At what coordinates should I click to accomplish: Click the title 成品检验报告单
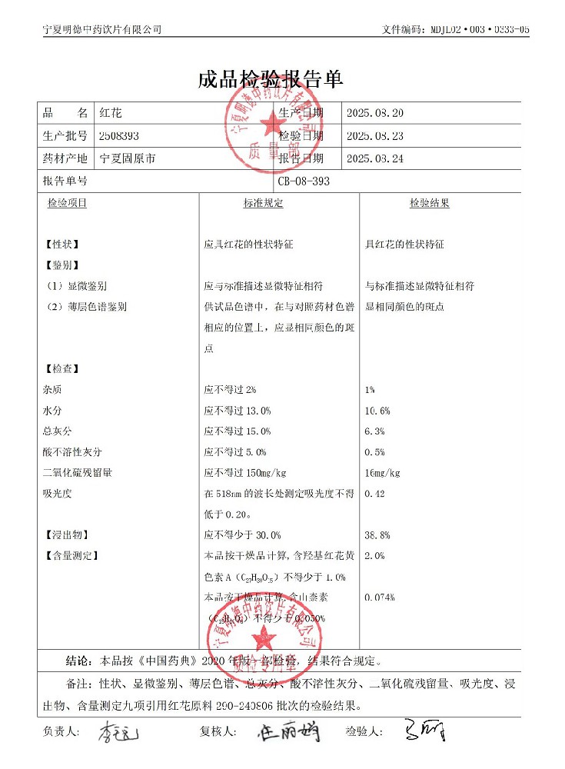(x=270, y=79)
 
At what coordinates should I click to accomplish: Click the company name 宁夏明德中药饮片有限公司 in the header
(x=101, y=29)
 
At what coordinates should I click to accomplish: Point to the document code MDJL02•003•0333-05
(x=477, y=29)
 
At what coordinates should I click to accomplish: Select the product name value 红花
(x=111, y=114)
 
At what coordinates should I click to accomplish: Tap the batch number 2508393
(x=119, y=136)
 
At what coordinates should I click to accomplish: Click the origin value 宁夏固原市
(x=128, y=158)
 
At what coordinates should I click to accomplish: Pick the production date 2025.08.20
(x=375, y=114)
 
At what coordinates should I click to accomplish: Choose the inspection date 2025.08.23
(x=375, y=136)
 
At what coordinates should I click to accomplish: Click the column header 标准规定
(x=264, y=204)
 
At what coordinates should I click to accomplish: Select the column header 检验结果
(x=429, y=204)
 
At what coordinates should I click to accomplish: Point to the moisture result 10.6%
(x=377, y=411)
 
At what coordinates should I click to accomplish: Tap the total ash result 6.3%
(x=374, y=431)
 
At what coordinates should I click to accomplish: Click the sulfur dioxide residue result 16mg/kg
(x=382, y=473)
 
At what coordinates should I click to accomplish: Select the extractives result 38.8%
(x=377, y=534)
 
